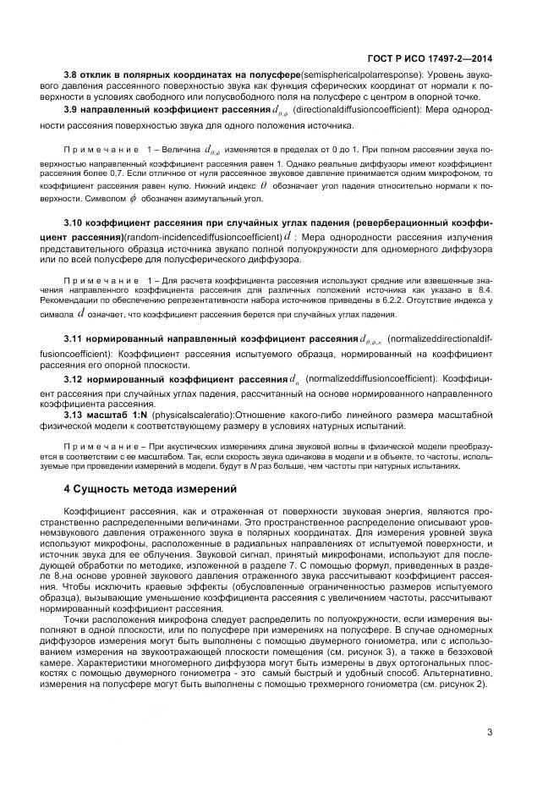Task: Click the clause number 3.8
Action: [x=73, y=76]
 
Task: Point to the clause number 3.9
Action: [x=73, y=110]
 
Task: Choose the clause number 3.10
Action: [x=75, y=223]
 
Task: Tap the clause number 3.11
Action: [x=75, y=338]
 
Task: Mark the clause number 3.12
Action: [x=75, y=377]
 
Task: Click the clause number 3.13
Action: [x=75, y=415]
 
